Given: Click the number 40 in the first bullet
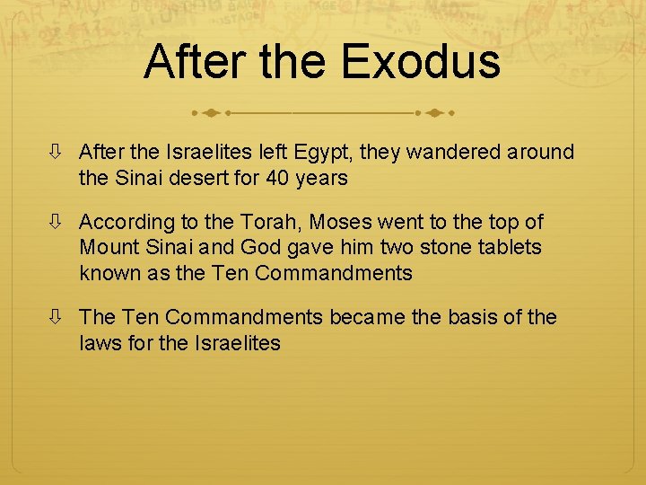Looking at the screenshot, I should point(278,178).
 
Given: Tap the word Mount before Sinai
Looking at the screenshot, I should point(106,247).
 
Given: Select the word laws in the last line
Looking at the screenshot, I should point(98,342).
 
